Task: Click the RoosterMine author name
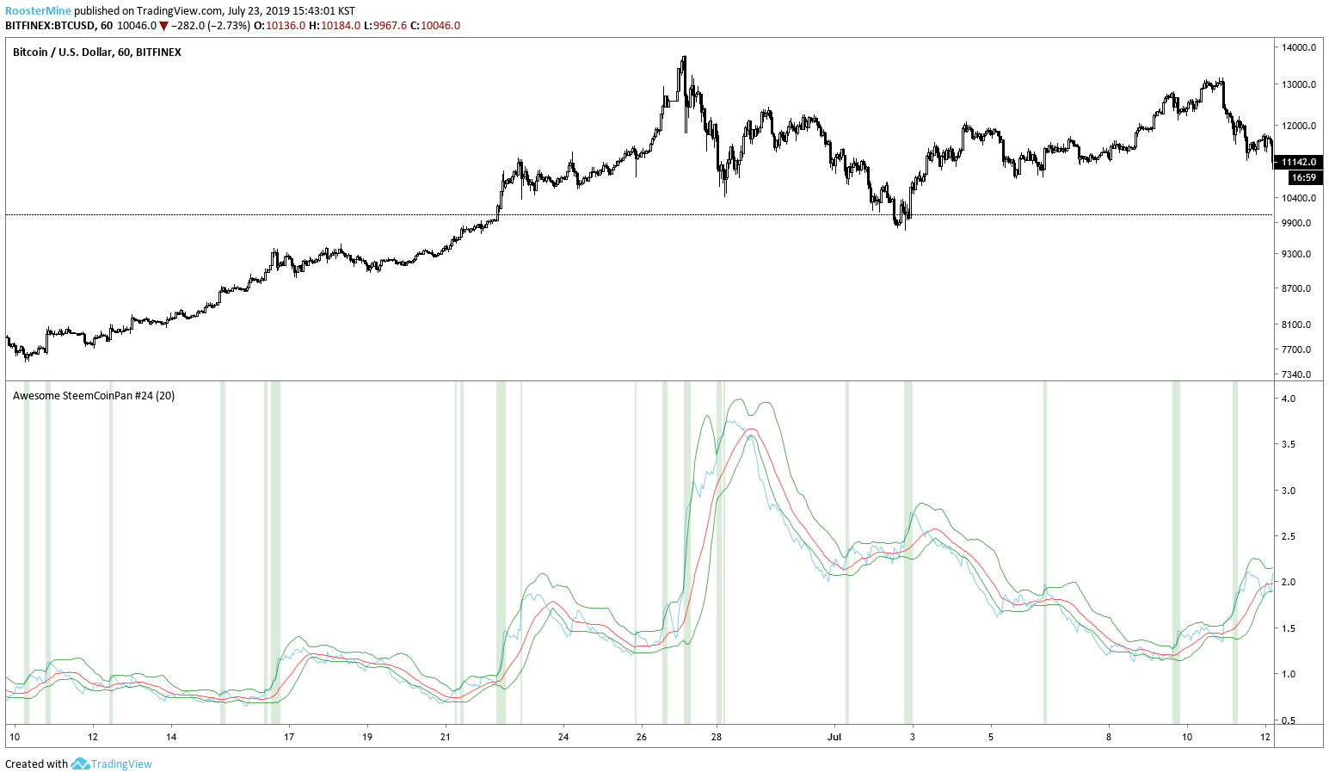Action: point(38,11)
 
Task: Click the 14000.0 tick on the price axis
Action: point(1299,47)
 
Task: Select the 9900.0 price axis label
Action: point(1297,223)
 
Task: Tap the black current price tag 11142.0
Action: point(1298,162)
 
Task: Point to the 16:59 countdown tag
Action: point(1303,177)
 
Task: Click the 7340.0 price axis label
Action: point(1297,374)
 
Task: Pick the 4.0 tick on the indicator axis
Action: point(1289,399)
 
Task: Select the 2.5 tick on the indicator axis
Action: point(1289,536)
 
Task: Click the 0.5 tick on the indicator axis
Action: point(1289,720)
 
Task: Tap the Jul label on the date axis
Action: point(834,737)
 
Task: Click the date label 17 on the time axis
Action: point(289,737)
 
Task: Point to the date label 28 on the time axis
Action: point(717,737)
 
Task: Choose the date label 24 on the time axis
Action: point(563,737)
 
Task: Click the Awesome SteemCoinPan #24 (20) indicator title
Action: point(94,396)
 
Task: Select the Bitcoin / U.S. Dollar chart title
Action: point(96,53)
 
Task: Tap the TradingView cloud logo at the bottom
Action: point(81,764)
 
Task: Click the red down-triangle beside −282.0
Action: point(163,26)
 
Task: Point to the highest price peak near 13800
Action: point(684,58)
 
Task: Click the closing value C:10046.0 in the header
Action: point(435,26)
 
